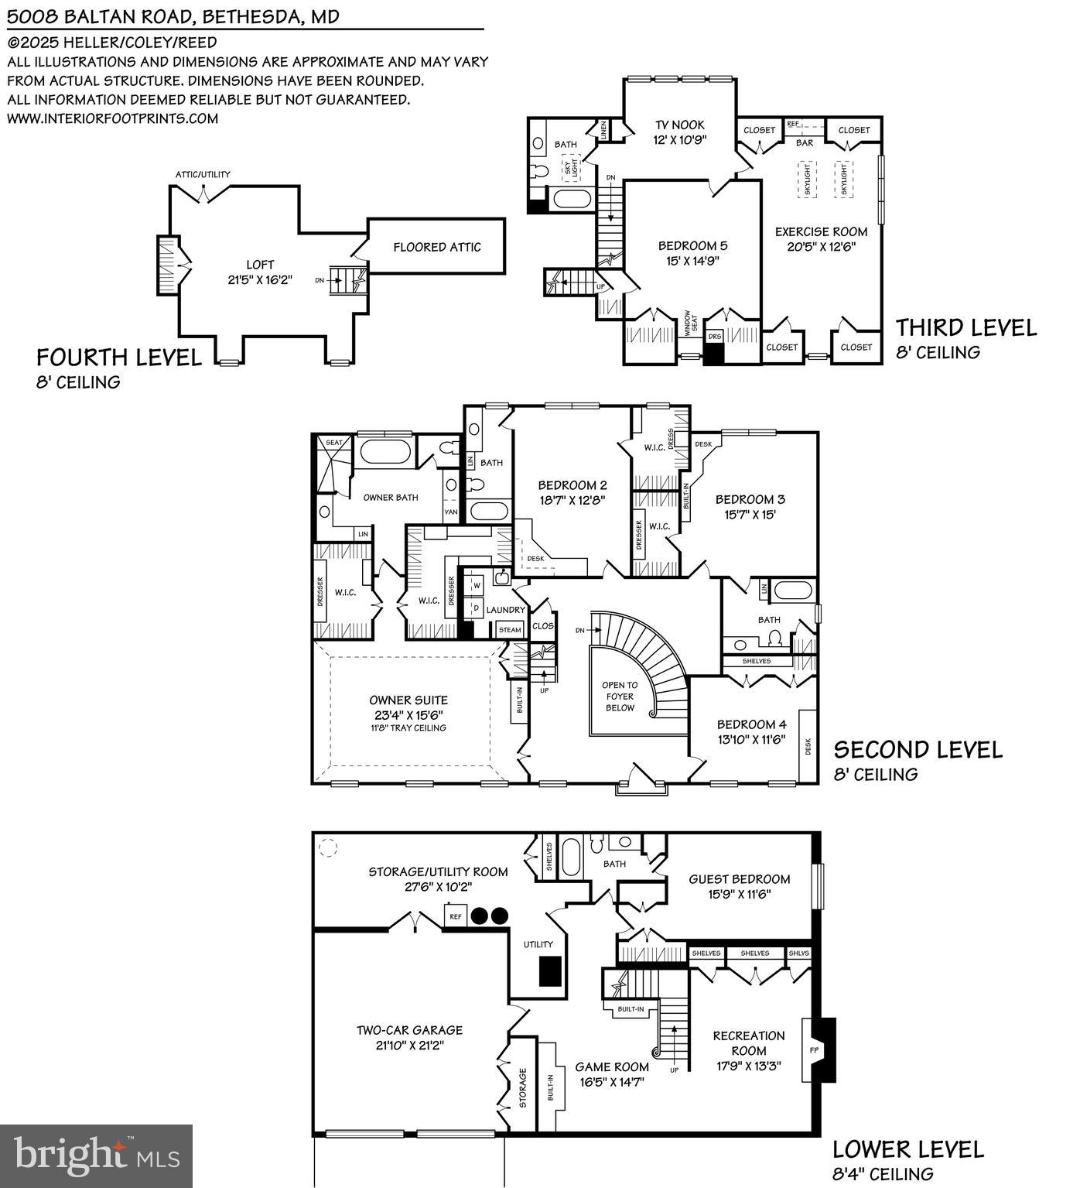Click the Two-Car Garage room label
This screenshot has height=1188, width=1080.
(x=409, y=1030)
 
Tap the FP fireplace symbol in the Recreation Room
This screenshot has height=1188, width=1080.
(x=813, y=1049)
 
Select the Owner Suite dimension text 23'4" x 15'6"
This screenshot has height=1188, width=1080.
(x=408, y=715)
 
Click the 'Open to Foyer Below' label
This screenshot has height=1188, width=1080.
(x=620, y=696)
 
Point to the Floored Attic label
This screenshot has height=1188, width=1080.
(x=436, y=247)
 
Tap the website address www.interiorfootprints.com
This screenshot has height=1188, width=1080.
(x=113, y=118)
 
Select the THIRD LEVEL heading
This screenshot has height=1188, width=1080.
(x=966, y=327)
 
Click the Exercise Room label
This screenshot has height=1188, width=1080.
(x=821, y=231)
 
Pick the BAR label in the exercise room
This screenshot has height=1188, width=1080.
(x=805, y=143)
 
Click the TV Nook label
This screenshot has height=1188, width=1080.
(x=680, y=125)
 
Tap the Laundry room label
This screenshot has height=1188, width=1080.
(x=505, y=610)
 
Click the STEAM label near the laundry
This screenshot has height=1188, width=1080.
(x=510, y=629)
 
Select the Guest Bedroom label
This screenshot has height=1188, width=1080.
(x=739, y=879)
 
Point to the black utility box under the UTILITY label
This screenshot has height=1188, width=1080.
(x=549, y=971)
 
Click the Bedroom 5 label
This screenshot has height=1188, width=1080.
(x=692, y=245)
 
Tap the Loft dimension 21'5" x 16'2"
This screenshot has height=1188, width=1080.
(x=260, y=279)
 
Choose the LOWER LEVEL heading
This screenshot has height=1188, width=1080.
(x=907, y=1149)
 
